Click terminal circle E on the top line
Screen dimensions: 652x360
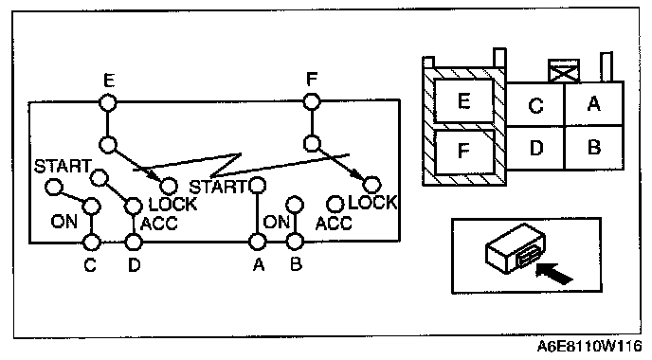108,102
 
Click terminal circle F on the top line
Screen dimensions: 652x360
312,102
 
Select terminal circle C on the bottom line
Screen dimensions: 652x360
92,242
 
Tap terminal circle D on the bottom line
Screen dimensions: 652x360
134,242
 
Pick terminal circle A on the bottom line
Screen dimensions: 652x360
258,242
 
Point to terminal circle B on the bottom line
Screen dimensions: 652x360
295,242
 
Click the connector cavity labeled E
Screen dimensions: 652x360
463,101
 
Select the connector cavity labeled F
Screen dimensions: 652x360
464,152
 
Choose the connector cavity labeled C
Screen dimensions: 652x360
535,104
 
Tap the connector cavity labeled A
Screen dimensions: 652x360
594,104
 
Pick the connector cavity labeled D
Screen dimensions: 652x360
535,148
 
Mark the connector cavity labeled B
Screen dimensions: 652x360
594,148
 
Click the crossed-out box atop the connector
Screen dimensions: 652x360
564,71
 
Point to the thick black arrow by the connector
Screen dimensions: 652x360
554,273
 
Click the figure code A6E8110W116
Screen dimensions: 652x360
589,346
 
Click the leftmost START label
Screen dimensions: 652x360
63,166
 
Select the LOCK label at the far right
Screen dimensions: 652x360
372,203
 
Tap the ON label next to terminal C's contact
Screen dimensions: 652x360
64,221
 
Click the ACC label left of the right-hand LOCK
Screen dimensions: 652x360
334,224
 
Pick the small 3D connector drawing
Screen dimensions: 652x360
516,248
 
